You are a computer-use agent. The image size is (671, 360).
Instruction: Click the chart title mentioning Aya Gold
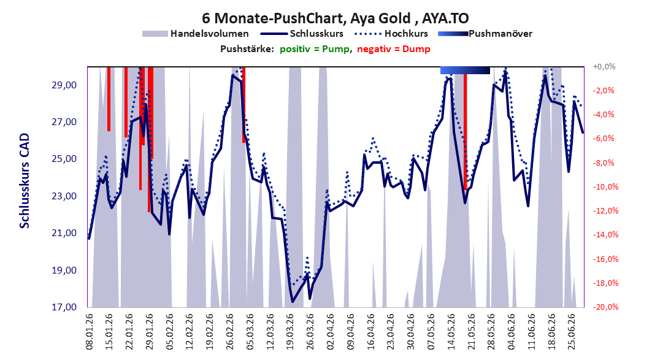pyautogui.click(x=335, y=18)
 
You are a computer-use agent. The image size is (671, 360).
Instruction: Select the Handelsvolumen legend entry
pyautogui.click(x=196, y=33)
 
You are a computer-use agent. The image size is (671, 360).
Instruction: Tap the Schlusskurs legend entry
pyautogui.click(x=302, y=33)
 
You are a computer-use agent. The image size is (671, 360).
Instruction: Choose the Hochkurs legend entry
pyautogui.click(x=391, y=33)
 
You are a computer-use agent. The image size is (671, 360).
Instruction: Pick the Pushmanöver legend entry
pyautogui.click(x=485, y=33)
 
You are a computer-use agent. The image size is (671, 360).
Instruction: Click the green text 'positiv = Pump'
pyautogui.click(x=315, y=49)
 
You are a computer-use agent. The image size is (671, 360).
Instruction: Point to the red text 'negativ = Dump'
pyautogui.click(x=394, y=49)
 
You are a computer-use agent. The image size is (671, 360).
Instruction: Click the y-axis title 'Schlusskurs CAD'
pyautogui.click(x=25, y=180)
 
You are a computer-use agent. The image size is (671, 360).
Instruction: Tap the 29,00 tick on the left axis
pyautogui.click(x=64, y=85)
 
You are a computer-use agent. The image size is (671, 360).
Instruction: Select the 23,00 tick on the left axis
pyautogui.click(x=64, y=196)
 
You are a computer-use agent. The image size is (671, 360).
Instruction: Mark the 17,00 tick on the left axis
pyautogui.click(x=64, y=307)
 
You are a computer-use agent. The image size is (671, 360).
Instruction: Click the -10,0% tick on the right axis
pyautogui.click(x=605, y=186)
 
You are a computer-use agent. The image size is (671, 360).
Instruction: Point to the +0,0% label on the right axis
pyautogui.click(x=604, y=66)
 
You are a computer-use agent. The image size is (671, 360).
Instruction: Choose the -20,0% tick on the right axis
pyautogui.click(x=605, y=307)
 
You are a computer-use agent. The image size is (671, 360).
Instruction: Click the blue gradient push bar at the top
pyautogui.click(x=465, y=70)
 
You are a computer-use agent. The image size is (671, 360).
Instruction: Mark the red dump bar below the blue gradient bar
pyautogui.click(x=465, y=132)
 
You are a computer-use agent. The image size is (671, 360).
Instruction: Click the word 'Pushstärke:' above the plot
pyautogui.click(x=247, y=49)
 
